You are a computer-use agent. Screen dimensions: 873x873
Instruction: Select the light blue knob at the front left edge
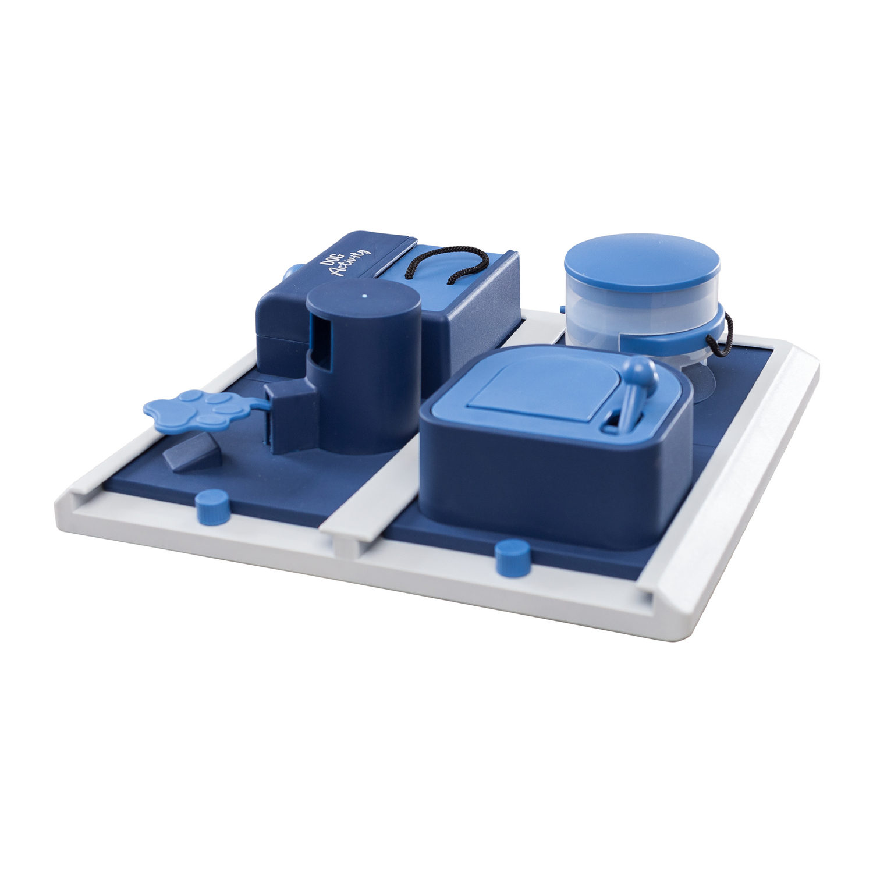(x=212, y=506)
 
